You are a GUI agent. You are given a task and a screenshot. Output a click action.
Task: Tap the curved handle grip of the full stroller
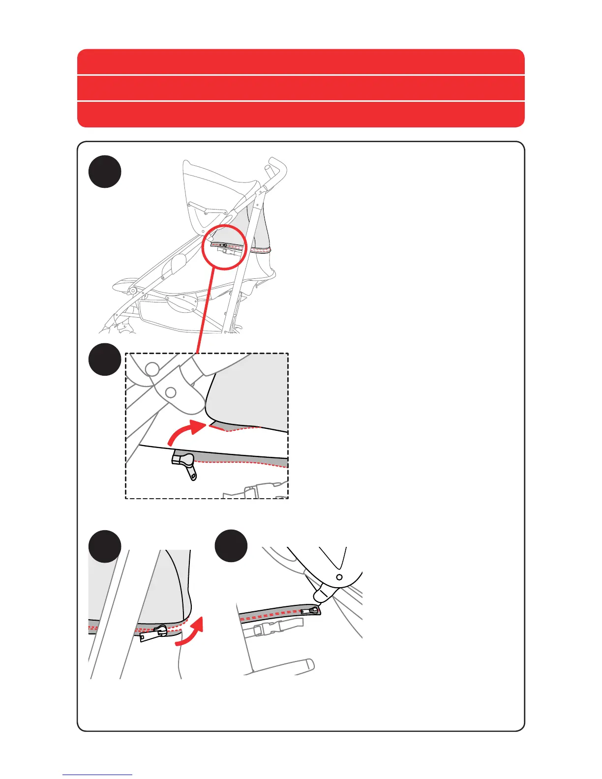(277, 167)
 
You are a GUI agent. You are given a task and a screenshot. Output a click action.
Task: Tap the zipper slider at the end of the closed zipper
(313, 610)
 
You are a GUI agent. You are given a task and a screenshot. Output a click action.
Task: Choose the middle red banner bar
(301, 88)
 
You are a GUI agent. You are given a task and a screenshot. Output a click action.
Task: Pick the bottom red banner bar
(301, 115)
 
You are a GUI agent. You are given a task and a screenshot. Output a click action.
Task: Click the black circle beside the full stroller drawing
(105, 171)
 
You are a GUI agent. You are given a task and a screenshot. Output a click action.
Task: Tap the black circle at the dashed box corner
(105, 359)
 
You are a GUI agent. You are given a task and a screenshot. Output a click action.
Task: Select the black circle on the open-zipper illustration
(105, 546)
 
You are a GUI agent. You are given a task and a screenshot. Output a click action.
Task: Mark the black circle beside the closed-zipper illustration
(232, 546)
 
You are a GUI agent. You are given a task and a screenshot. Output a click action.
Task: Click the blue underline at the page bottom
(97, 775)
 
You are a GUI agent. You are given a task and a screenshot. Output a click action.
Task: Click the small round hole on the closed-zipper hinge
(339, 576)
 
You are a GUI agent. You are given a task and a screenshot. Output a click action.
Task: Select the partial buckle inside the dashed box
(258, 490)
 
